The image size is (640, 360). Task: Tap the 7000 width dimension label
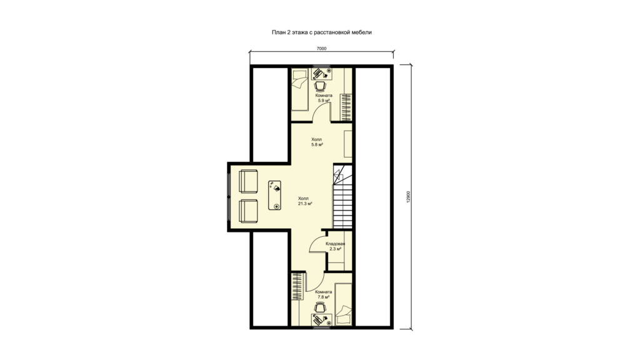tap(322, 49)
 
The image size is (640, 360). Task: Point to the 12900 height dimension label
tap(407, 197)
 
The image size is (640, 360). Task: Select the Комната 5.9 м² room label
tap(324, 98)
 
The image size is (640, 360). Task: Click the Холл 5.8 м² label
tap(317, 142)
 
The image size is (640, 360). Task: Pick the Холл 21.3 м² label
tap(304, 201)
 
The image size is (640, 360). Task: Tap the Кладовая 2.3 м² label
tap(335, 246)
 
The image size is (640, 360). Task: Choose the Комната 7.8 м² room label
tap(324, 295)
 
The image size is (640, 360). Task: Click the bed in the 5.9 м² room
tap(300, 90)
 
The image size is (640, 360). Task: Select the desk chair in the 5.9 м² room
tap(321, 86)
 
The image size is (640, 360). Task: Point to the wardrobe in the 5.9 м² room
tap(346, 107)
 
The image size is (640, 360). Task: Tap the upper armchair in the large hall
tap(248, 181)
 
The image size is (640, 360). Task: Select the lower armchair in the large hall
tap(248, 211)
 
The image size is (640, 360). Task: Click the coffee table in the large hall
tap(275, 195)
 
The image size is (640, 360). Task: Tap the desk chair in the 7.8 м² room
tap(321, 307)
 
